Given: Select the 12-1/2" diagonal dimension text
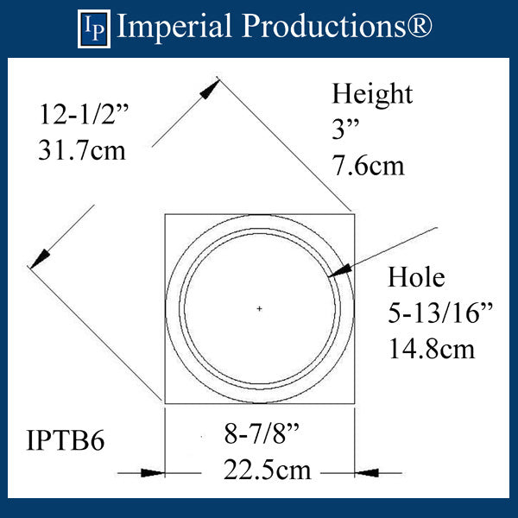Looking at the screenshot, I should point(82,114).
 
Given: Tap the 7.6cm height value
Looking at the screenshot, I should point(369,163).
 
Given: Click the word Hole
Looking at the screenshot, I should point(416,277).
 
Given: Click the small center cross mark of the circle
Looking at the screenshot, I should point(259,308).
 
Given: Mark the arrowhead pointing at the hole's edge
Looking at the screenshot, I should point(338,273).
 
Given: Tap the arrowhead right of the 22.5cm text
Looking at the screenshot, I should point(363,472).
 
